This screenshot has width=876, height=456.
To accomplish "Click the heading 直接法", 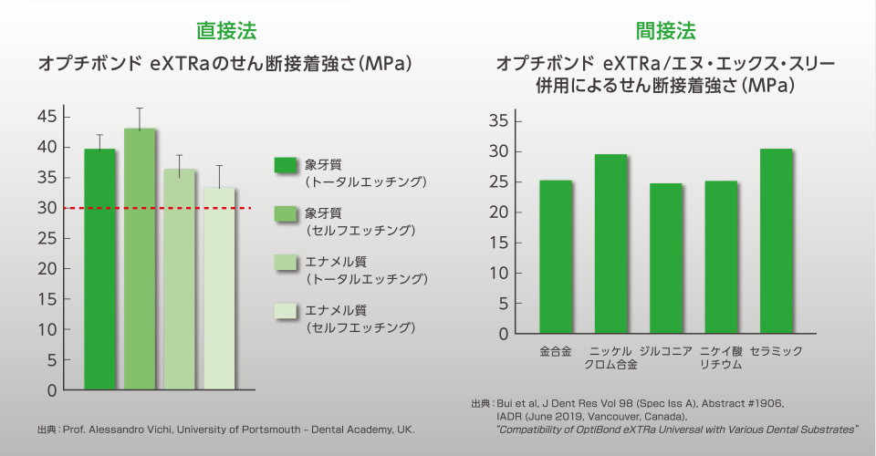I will pos(226,31).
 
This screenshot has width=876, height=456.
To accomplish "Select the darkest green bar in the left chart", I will pos(100,269).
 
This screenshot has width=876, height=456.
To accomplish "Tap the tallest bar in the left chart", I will pos(140,259).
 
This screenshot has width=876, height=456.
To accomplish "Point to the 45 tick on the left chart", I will pos(47,117).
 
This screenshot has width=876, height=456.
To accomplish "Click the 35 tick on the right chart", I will pos(497,121).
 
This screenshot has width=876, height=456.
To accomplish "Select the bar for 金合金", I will pos(556,256).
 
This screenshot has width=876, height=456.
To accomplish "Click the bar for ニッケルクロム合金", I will pos(610,244).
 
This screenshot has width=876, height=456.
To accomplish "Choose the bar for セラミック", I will pos(776,241).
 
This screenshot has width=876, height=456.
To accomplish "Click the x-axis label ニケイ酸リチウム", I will pos(721,358).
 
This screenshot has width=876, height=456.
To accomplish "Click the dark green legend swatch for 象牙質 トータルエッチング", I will pos(287,165).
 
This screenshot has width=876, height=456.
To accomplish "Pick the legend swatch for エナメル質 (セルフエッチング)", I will pos(287,312).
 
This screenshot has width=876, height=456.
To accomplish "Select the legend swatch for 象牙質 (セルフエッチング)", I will pos(287,213).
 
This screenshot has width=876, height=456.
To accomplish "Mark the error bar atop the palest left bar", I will pos(219,176).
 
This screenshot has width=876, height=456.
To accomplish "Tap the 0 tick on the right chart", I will pos(502,334).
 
